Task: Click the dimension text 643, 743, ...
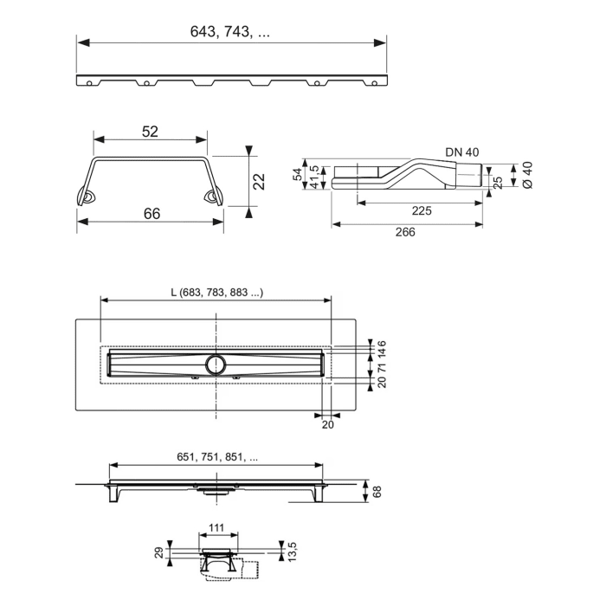[229, 31]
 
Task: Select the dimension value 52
[150, 131]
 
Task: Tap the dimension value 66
[151, 214]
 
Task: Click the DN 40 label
[462, 152]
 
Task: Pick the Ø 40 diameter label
[526, 176]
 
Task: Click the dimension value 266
[405, 231]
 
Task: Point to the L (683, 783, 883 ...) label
[216, 293]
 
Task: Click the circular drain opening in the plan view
[216, 361]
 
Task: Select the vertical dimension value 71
[382, 364]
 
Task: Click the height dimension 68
[376, 491]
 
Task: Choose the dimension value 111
[216, 527]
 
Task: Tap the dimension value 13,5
[292, 550]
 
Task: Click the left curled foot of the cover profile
[87, 198]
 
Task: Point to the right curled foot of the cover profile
[212, 198]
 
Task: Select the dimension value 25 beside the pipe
[498, 182]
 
